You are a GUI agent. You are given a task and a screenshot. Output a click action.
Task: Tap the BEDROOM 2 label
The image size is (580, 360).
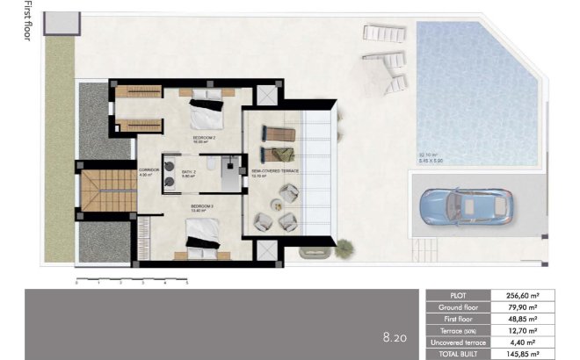(205, 140)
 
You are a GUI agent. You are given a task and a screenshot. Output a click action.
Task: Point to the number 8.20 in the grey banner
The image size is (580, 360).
(394, 336)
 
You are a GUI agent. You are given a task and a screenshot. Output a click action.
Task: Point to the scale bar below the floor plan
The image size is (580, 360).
(132, 280)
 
